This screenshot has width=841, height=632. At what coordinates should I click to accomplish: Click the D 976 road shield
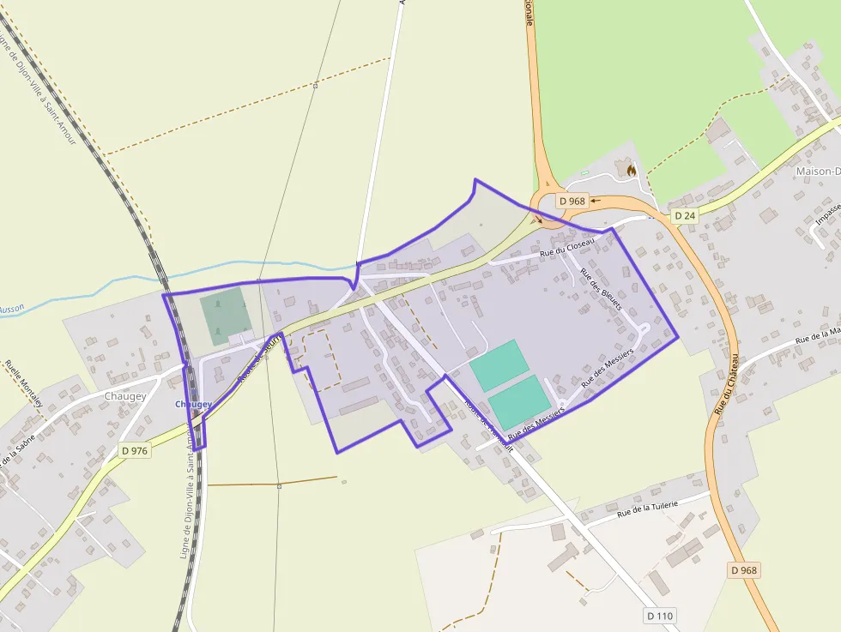coord(135,450)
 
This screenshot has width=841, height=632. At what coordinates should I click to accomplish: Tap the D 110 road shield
coord(660,616)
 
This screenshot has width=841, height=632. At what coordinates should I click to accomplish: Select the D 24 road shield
coord(684,215)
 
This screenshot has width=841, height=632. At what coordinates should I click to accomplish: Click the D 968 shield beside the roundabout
coord(572,201)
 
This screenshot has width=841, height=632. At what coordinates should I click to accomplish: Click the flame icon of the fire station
coord(632,171)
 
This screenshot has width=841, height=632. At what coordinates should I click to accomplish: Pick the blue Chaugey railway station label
coord(192,404)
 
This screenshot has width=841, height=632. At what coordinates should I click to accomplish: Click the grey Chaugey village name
coord(124,396)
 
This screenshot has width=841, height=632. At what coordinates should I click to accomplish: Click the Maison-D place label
coord(815,171)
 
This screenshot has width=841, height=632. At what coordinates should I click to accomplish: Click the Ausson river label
coord(11,308)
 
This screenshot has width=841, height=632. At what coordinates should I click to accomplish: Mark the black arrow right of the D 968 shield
coord(595,201)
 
